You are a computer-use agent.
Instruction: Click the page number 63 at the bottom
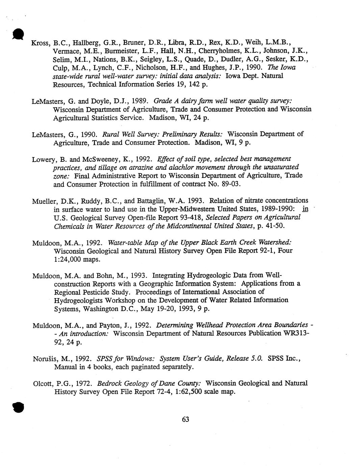pos(185,419)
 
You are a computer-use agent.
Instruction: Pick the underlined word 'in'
pos(305,209)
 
